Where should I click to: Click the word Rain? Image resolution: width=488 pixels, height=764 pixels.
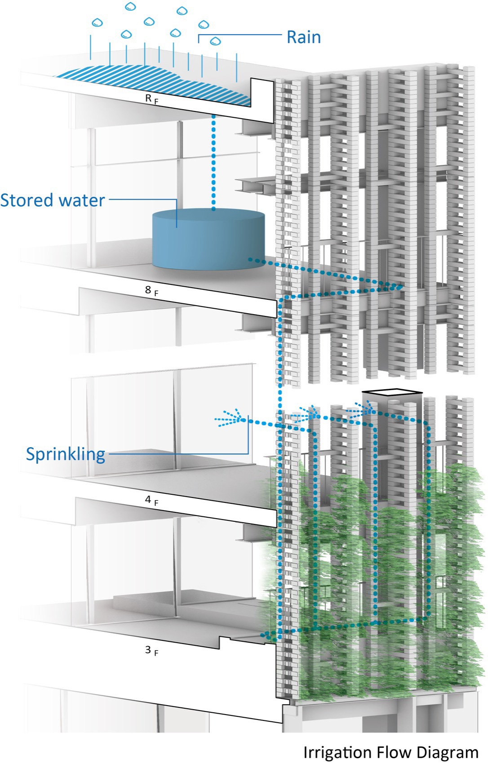tap(304, 37)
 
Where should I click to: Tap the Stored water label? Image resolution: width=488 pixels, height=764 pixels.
tap(53, 200)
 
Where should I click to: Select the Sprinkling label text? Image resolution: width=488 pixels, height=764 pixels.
tap(66, 454)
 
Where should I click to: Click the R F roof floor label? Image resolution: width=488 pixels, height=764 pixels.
tap(151, 99)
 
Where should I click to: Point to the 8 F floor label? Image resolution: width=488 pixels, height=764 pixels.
tap(151, 291)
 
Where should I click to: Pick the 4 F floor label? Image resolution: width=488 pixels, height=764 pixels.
tap(151, 500)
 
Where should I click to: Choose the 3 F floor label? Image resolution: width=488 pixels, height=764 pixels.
tap(151, 651)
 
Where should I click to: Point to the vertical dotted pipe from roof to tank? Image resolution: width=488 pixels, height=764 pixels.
tap(213, 162)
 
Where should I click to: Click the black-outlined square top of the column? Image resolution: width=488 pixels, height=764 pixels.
tap(392, 393)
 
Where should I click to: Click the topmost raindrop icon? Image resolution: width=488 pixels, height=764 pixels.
tap(131, 6)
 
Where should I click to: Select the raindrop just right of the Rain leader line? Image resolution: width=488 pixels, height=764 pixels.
tap(216, 41)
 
